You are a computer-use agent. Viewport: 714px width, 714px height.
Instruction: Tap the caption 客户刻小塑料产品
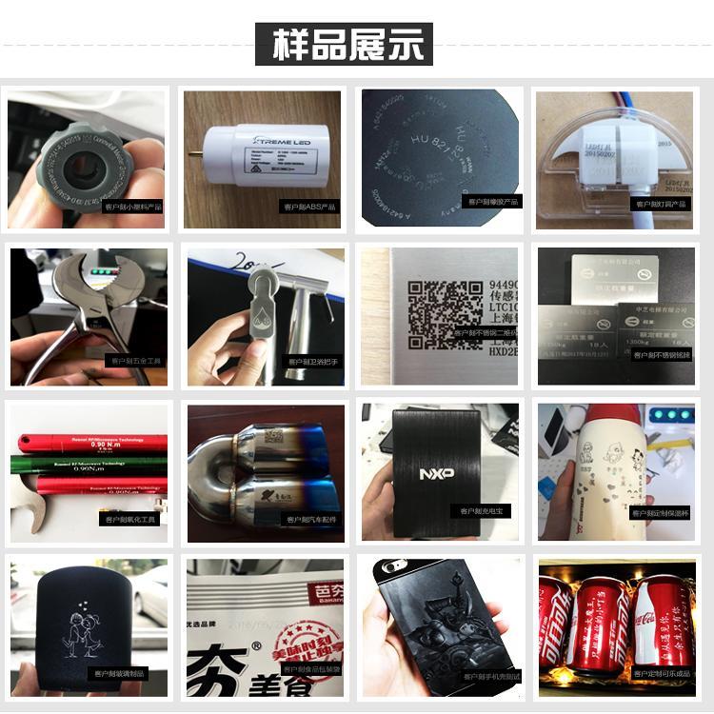tap(135, 205)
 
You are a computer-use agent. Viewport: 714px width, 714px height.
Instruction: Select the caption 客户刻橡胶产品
tap(491, 202)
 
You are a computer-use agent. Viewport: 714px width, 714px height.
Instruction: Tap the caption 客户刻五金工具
tap(135, 361)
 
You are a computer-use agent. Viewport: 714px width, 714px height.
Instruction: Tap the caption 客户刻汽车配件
tap(310, 519)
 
